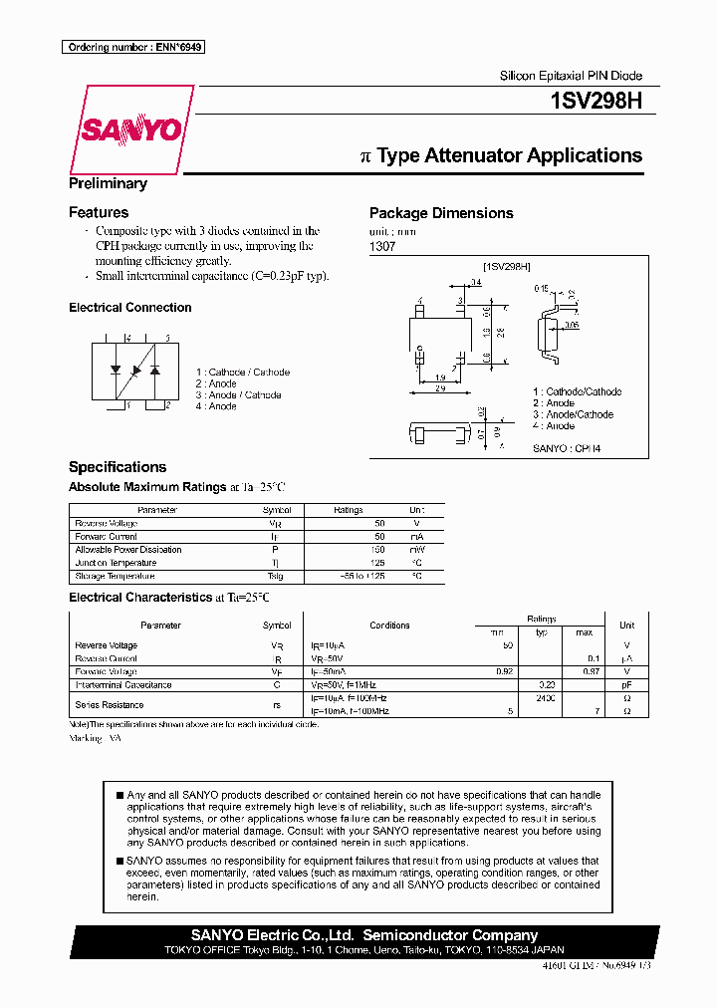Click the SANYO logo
(x=129, y=129)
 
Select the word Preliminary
(x=108, y=183)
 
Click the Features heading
(x=98, y=212)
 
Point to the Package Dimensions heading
(x=441, y=213)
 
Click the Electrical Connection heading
(x=129, y=308)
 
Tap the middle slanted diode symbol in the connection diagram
(x=135, y=370)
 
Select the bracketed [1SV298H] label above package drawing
(x=507, y=266)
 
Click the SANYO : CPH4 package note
(x=567, y=449)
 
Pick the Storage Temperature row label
(x=115, y=576)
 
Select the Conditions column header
(x=389, y=626)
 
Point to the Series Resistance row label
(x=110, y=705)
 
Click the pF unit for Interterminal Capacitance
(x=626, y=685)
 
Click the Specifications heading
(x=117, y=467)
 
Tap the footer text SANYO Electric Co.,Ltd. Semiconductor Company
(x=363, y=935)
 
